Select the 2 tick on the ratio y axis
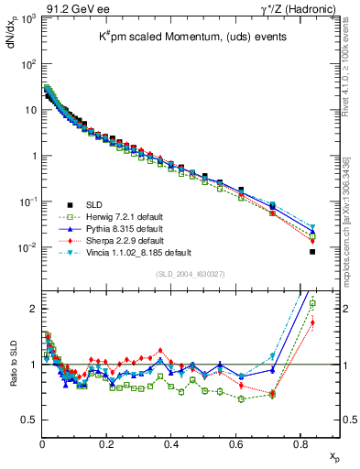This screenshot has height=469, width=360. coord(34,309)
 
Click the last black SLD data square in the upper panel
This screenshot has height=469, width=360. coord(312,252)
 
